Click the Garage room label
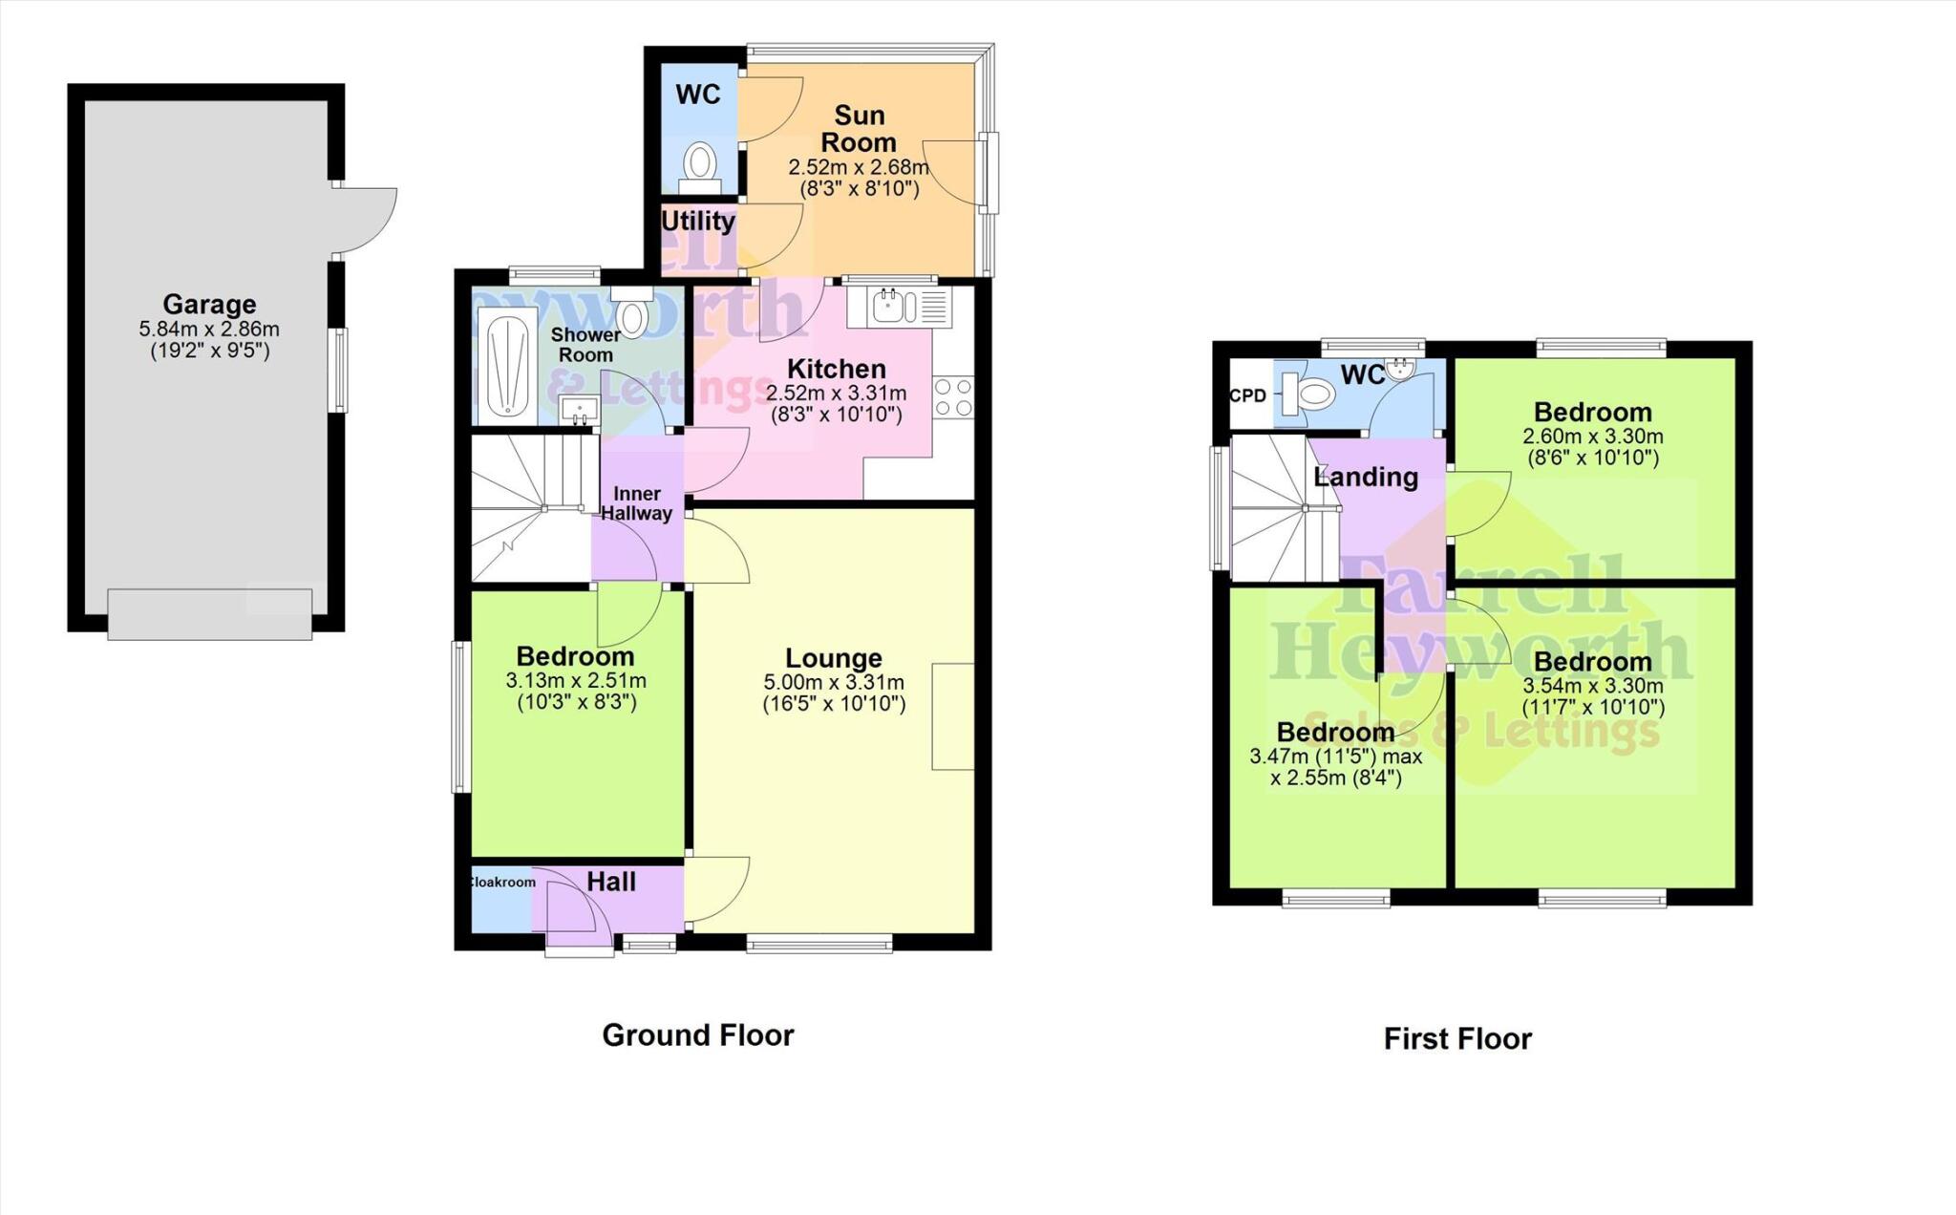coord(209,305)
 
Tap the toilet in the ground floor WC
coord(702,163)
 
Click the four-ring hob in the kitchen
coord(954,397)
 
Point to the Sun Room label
coord(859,129)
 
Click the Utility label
coord(698,222)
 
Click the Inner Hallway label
coord(637,503)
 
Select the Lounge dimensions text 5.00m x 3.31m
coord(834,683)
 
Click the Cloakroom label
coord(502,883)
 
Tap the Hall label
coord(611,882)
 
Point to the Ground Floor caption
coord(698,1035)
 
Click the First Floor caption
coord(1457,1039)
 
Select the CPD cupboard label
coord(1247,395)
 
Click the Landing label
coord(1366,477)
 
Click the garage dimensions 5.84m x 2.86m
coord(209,330)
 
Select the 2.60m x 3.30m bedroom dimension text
coord(1593,437)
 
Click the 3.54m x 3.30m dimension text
coord(1593,686)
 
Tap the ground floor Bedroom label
coord(575,657)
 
